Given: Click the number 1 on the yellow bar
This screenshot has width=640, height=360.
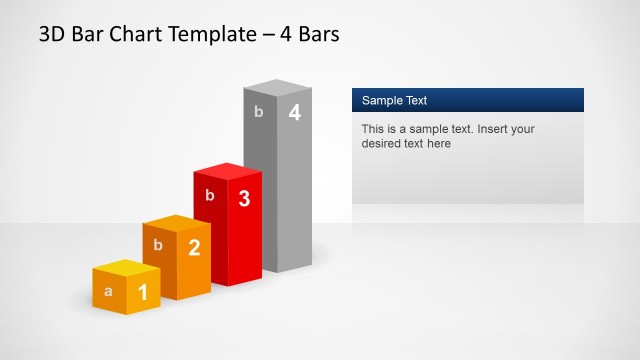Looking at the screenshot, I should pyautogui.click(x=143, y=292).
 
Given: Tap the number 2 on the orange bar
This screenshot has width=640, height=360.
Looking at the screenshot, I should pyautogui.click(x=194, y=248).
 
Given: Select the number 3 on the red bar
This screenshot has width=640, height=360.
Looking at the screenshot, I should pyautogui.click(x=244, y=198).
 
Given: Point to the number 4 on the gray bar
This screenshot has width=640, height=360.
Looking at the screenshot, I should pyautogui.click(x=294, y=113).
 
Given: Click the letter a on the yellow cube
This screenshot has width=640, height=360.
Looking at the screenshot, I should pyautogui.click(x=108, y=292).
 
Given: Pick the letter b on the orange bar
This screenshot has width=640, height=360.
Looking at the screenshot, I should pyautogui.click(x=158, y=245).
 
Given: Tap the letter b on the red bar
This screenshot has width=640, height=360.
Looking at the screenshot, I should pyautogui.click(x=209, y=196).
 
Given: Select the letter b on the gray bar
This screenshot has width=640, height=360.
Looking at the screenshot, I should pyautogui.click(x=259, y=112).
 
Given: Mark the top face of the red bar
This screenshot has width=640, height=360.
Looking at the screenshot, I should pyautogui.click(x=227, y=172).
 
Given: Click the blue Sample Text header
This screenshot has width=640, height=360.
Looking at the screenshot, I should pyautogui.click(x=467, y=100).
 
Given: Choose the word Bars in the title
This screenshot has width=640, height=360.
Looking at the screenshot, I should pyautogui.click(x=317, y=35).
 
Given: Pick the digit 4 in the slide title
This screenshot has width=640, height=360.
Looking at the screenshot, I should pyautogui.click(x=287, y=35).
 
